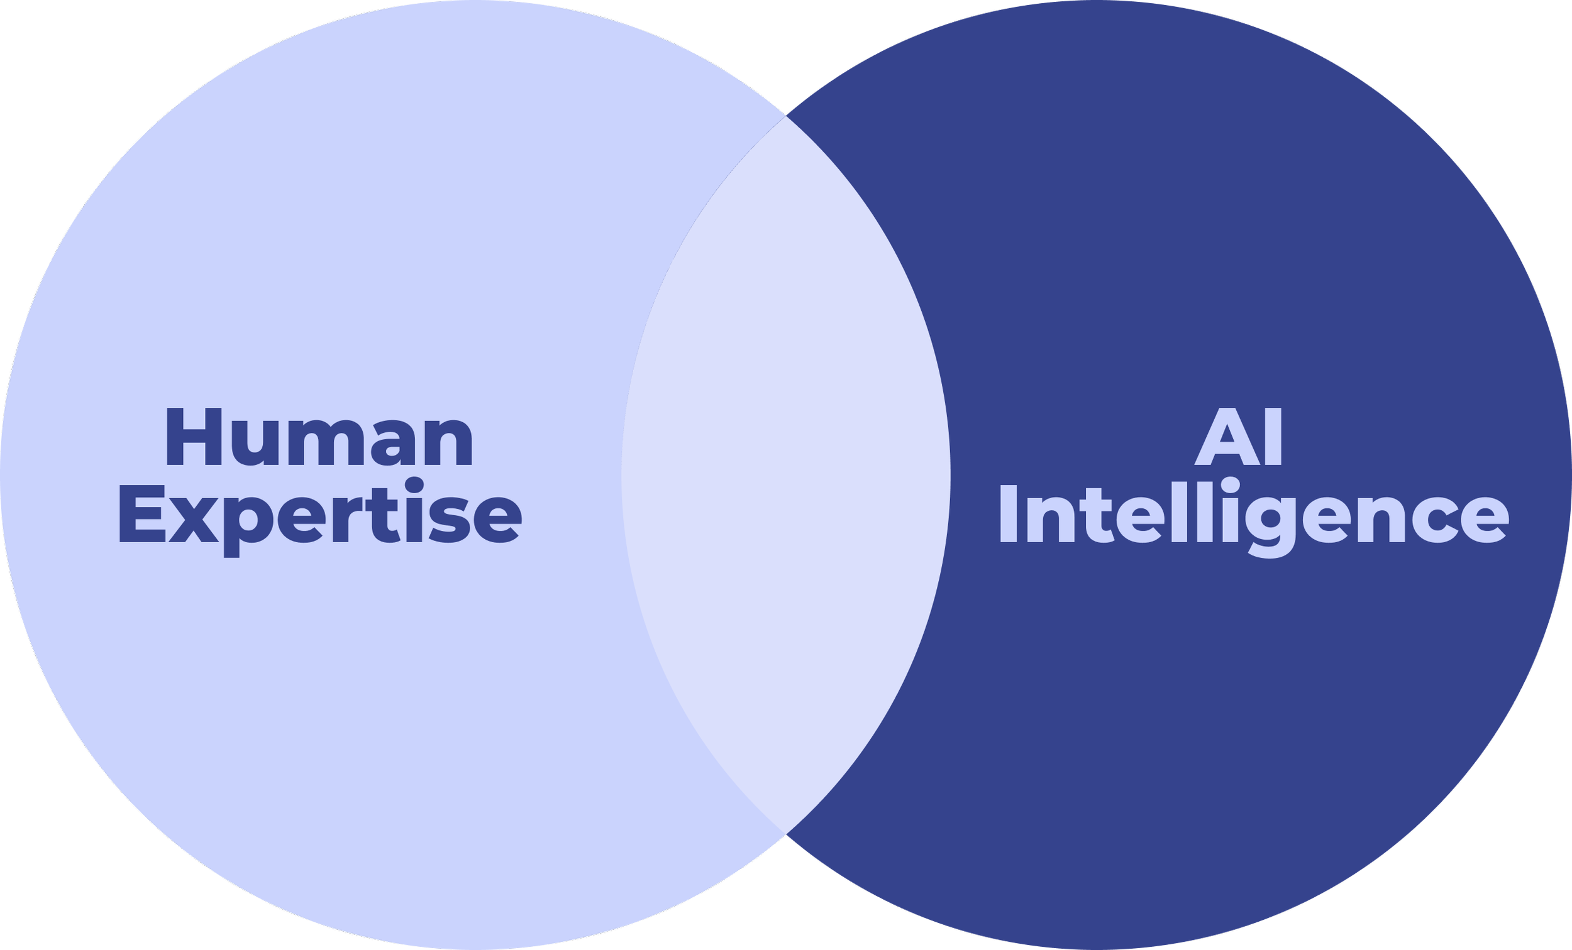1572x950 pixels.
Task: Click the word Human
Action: click(319, 439)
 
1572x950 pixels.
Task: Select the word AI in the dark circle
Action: click(1238, 439)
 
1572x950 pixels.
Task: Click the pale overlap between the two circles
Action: click(786, 475)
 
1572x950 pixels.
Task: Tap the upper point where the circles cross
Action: click(786, 117)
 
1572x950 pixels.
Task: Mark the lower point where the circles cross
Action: click(786, 833)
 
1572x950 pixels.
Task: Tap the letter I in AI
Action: click(1274, 439)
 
